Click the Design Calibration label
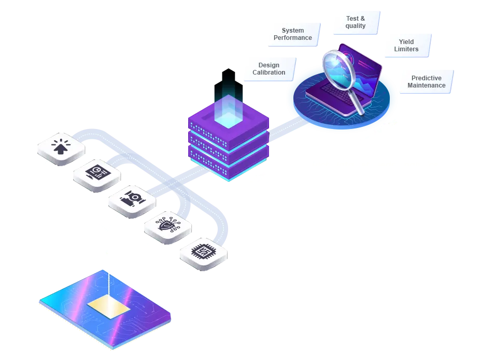coord(269,69)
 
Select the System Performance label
coord(293,34)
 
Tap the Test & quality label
coord(356,22)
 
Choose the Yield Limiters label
coord(406,46)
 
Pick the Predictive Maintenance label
coord(426,82)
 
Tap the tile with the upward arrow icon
coord(61,148)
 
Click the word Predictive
coord(426,78)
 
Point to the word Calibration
coord(269,73)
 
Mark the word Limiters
coord(406,49)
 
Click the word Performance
coord(293,38)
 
